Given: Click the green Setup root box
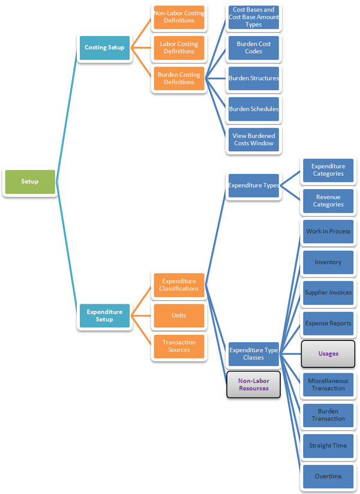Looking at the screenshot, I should pos(29,182).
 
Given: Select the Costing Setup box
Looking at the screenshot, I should pos(104,47).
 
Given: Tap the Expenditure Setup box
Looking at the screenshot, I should pos(104,316).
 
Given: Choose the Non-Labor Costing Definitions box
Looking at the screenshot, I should pos(179,17).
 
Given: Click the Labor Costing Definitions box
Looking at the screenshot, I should pos(179,48).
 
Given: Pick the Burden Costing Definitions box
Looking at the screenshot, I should pos(179,79).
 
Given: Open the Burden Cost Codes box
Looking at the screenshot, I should pos(253,48).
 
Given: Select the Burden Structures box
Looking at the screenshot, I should pos(253,79).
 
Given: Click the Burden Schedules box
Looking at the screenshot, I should pos(253,109).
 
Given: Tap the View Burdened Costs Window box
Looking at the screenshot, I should pos(253,140).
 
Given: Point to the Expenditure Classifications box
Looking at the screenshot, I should pos(179,285).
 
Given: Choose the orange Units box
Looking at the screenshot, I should pos(179,316).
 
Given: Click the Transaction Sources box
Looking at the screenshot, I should pos(179,346).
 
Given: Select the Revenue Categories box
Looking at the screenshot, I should pos(328,201).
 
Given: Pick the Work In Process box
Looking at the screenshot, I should pos(328,232).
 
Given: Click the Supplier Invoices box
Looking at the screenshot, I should pos(328,293).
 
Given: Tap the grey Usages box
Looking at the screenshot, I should pos(328,354).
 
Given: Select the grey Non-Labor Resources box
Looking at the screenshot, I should pos(253,385).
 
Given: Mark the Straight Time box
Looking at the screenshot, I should pos(328,446).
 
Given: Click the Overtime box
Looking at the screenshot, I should pos(328,477).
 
